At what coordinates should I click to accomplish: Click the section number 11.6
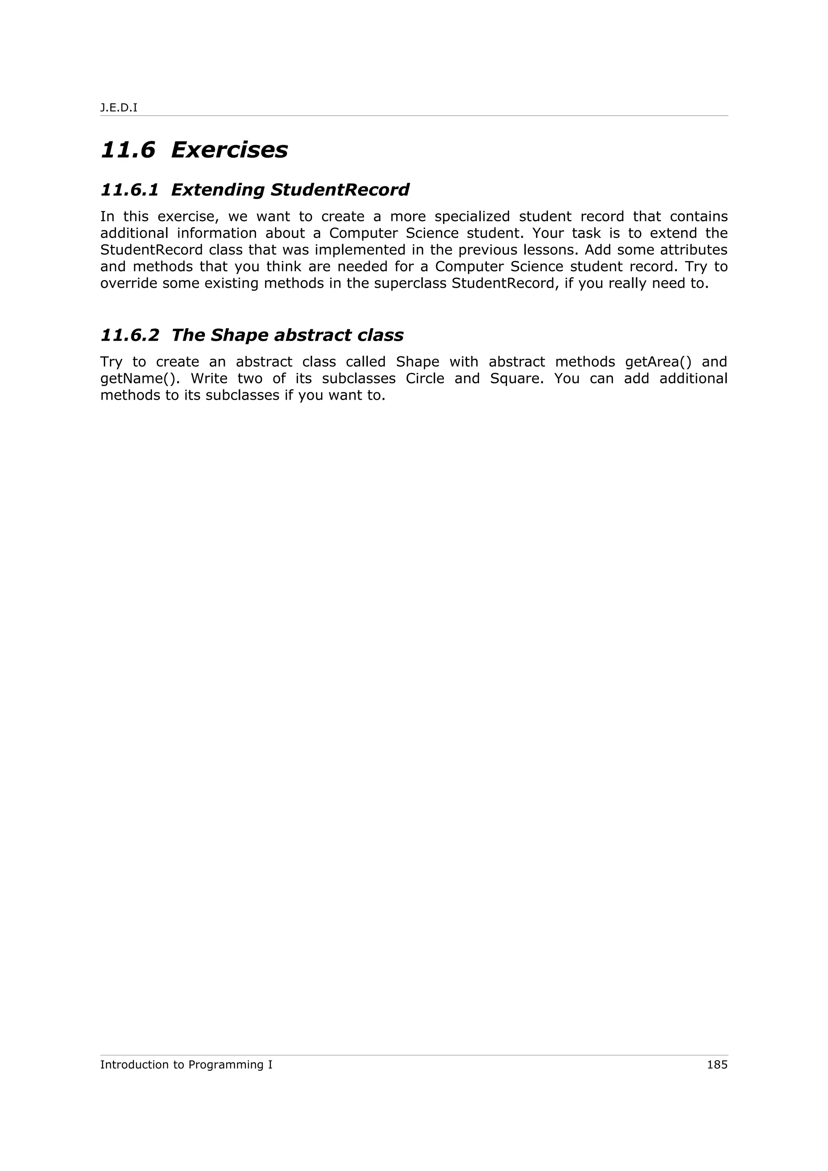(127, 150)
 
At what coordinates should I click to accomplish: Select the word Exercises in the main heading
(229, 150)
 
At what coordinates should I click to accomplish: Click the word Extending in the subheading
(218, 190)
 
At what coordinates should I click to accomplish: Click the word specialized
(472, 217)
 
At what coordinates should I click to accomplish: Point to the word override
(129, 283)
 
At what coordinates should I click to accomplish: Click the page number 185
(717, 1064)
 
